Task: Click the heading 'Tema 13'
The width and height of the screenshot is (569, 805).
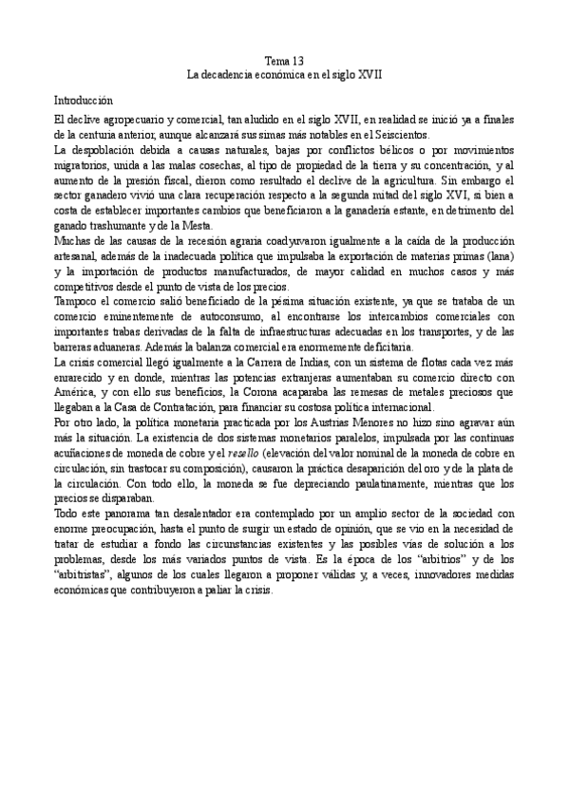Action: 284,59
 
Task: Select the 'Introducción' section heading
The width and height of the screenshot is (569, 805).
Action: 84,99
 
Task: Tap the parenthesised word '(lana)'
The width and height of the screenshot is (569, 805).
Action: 499,257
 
